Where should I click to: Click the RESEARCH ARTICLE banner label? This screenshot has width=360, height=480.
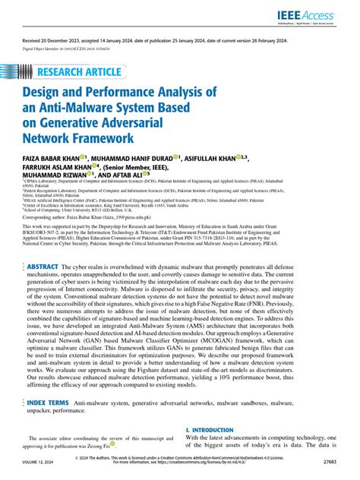click(82, 74)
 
